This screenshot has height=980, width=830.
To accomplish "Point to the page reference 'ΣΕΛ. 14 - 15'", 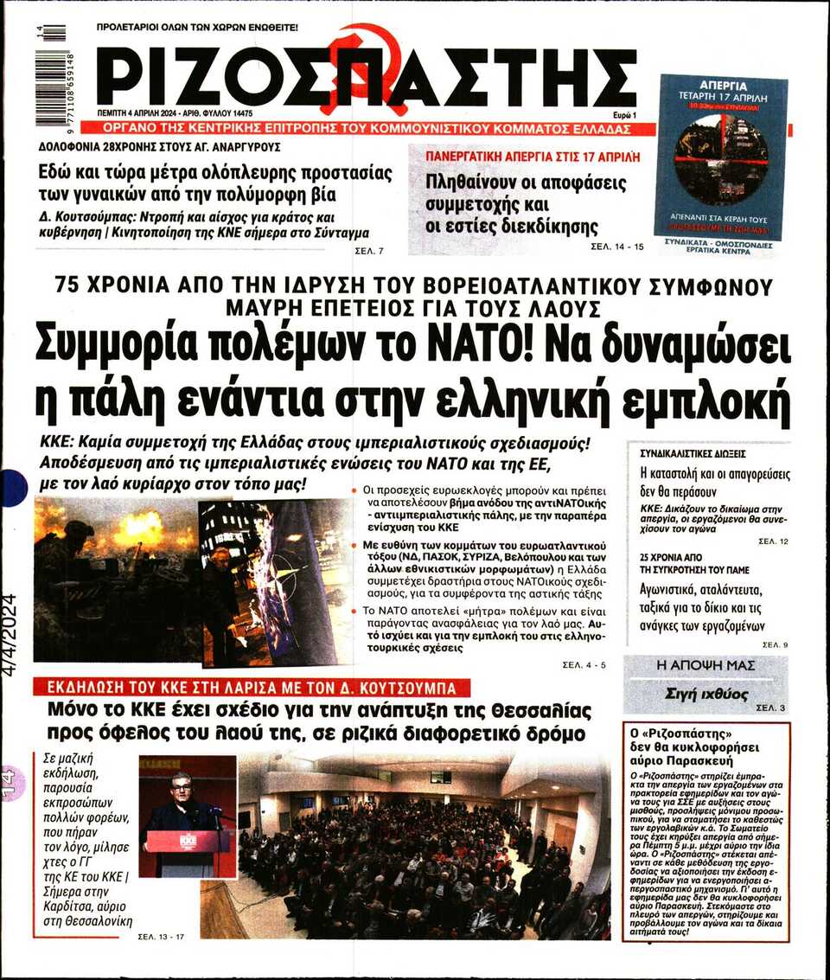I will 617,247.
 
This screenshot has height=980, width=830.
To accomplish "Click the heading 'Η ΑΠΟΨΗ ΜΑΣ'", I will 705,665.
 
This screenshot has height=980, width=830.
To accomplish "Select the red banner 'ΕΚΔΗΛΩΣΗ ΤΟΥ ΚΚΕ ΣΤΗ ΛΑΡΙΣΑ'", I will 252,689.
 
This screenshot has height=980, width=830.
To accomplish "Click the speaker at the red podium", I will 181,805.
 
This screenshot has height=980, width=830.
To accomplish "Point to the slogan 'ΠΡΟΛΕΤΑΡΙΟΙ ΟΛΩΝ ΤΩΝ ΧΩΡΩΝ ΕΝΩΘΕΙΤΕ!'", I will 197,28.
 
